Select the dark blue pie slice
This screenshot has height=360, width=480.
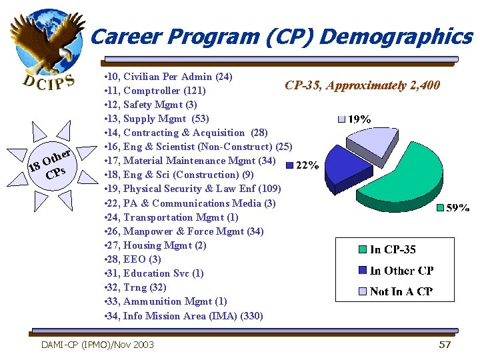point(344,164)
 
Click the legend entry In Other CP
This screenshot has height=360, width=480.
point(401,271)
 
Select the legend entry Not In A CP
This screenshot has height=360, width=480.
point(401,291)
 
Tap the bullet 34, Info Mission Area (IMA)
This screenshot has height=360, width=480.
point(184,316)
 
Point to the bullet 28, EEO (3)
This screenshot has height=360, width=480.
point(133,259)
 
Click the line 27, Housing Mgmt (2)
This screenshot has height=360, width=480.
point(155,245)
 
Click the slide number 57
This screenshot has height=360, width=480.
point(445,345)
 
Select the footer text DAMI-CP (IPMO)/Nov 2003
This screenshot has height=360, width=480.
point(97,345)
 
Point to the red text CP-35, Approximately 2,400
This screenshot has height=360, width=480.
point(362,85)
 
